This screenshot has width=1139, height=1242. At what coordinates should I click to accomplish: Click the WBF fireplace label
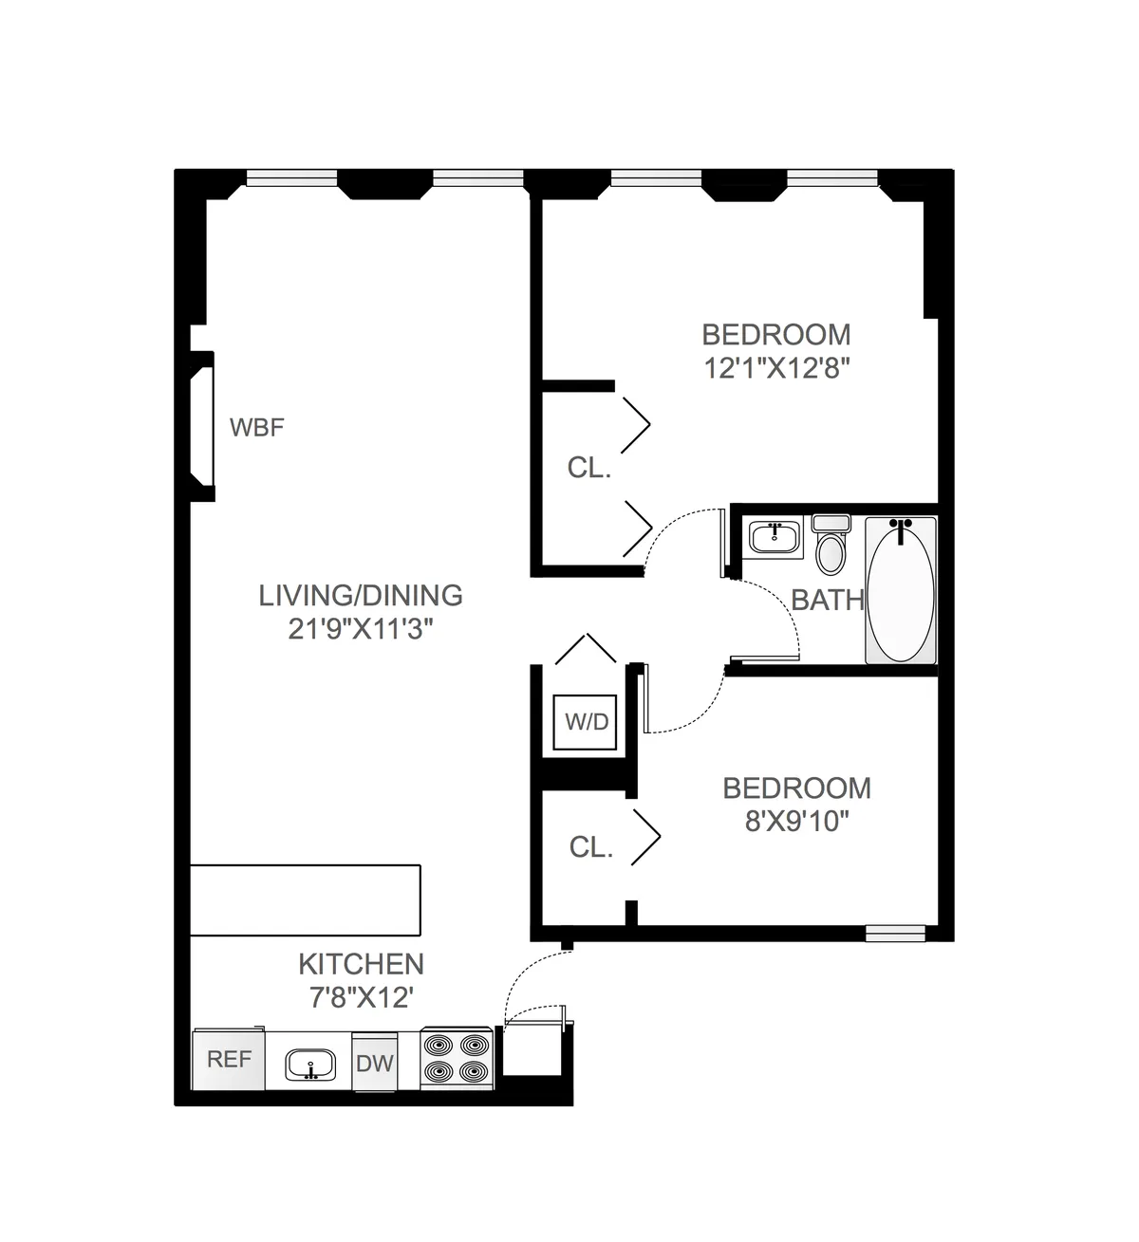pos(257,428)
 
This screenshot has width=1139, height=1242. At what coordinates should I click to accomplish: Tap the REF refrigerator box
pos(229,1059)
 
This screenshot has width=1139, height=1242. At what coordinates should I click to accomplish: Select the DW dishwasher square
pos(375,1063)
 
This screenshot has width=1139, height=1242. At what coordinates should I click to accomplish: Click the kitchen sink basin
pos(310,1065)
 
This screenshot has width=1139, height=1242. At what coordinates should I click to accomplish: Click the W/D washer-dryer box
pos(587,722)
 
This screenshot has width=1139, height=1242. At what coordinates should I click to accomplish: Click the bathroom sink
pos(775,536)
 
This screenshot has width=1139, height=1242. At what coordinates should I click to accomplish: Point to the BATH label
pos(828,600)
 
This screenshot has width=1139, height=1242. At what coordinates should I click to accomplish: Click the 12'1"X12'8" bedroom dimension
pos(775,367)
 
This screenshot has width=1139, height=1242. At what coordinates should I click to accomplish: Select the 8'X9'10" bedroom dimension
pos(796,821)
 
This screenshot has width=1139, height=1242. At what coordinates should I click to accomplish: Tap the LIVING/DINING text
pos(361,596)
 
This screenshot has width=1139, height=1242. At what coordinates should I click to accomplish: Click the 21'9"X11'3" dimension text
pos(361,628)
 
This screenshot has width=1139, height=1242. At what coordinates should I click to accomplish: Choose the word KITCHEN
pos(361,964)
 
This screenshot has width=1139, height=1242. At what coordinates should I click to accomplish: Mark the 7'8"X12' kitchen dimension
pos(361,997)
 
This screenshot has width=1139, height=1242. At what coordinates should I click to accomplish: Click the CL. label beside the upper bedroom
pos(589,468)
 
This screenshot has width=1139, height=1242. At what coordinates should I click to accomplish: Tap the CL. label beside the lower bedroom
pos(591,847)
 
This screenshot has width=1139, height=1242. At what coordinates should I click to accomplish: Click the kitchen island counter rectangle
pos(306,899)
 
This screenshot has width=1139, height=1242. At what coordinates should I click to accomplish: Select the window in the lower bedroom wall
pos(894,934)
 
